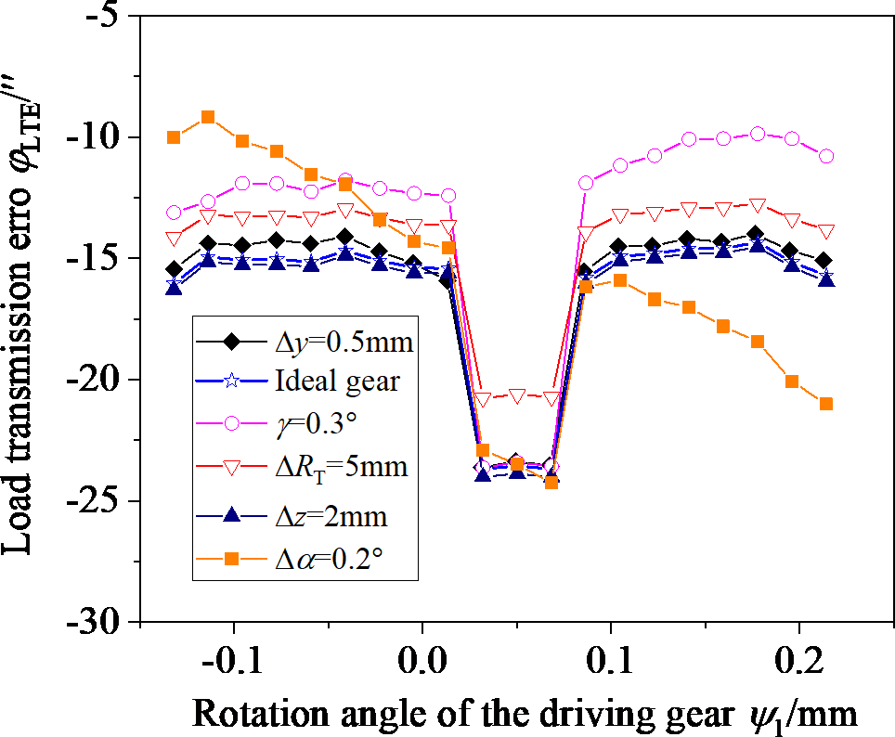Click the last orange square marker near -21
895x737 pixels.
coord(826,404)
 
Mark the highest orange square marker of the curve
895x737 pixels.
coord(208,117)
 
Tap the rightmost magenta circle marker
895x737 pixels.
coord(826,156)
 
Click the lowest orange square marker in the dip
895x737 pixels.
coord(551,482)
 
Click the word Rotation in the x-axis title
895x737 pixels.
coord(249,713)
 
